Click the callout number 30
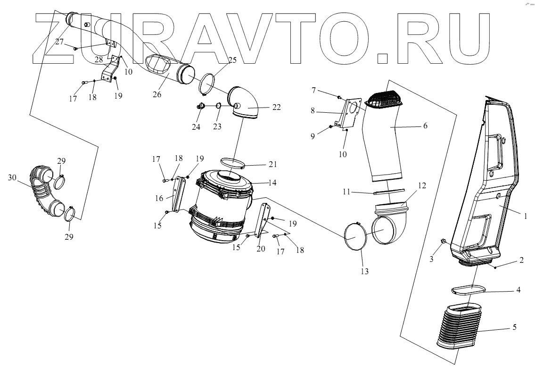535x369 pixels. coord(12,177)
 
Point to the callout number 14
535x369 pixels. coord(272,182)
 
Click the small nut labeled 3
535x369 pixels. coord(444,242)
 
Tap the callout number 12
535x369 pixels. coord(421,185)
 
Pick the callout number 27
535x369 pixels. coord(60,42)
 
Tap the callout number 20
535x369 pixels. coord(261,249)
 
